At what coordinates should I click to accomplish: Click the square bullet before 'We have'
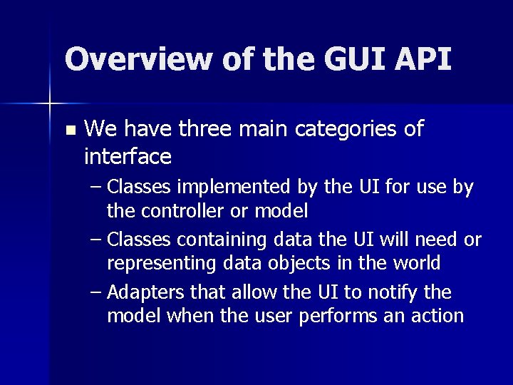69,130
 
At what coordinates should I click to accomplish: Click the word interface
128,155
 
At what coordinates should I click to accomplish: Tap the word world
416,263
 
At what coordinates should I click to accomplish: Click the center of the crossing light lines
50,104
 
